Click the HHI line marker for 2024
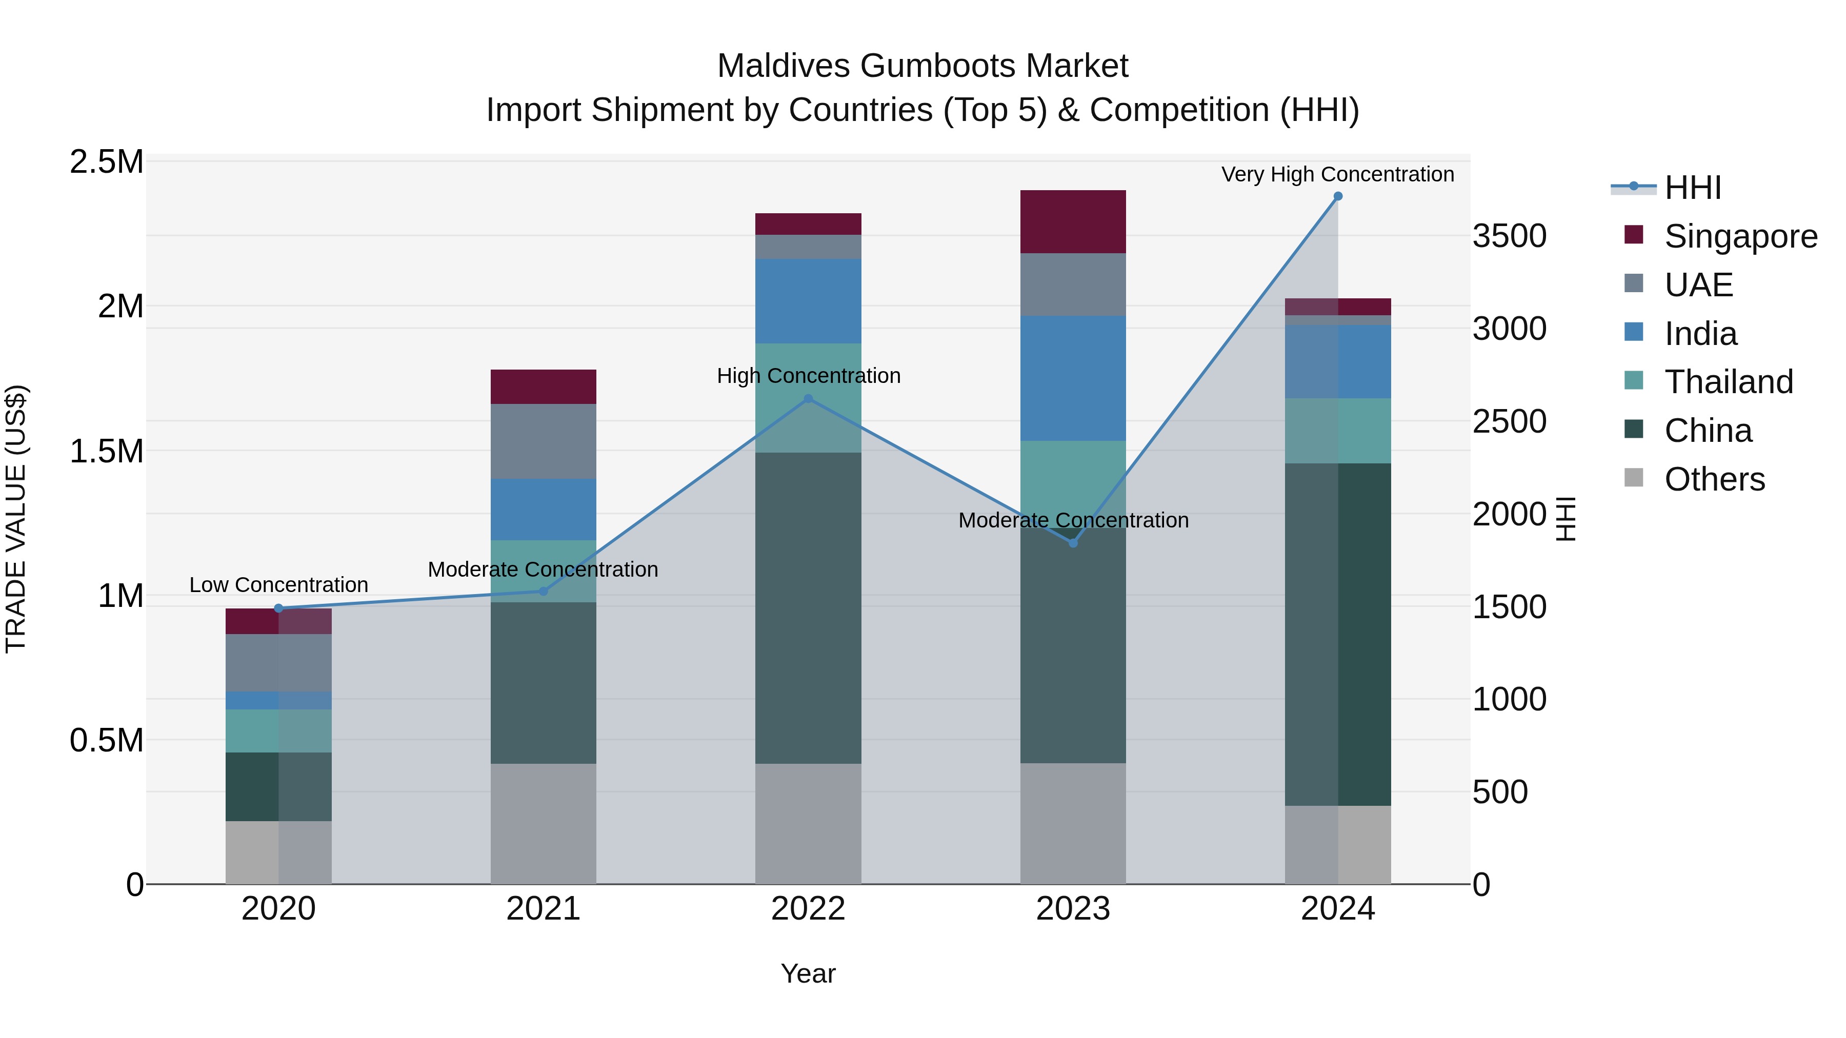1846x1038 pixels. [1337, 196]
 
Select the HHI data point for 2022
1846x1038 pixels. [808, 399]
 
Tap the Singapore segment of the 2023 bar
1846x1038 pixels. [1073, 221]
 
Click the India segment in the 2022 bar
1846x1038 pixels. [808, 301]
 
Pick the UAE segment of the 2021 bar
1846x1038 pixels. [543, 441]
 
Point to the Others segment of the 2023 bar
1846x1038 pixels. [1073, 823]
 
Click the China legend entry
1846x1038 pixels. [1708, 431]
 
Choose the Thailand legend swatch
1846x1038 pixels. [1634, 380]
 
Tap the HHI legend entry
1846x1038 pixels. [1692, 188]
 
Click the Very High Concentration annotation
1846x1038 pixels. [1337, 174]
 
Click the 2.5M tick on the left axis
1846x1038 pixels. [107, 162]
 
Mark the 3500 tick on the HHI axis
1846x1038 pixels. [1509, 236]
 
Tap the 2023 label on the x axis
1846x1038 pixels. [1073, 909]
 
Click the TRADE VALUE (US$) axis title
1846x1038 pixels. [16, 519]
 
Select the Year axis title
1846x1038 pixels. [808, 973]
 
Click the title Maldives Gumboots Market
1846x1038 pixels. [922, 66]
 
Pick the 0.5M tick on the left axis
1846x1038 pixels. [107, 740]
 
